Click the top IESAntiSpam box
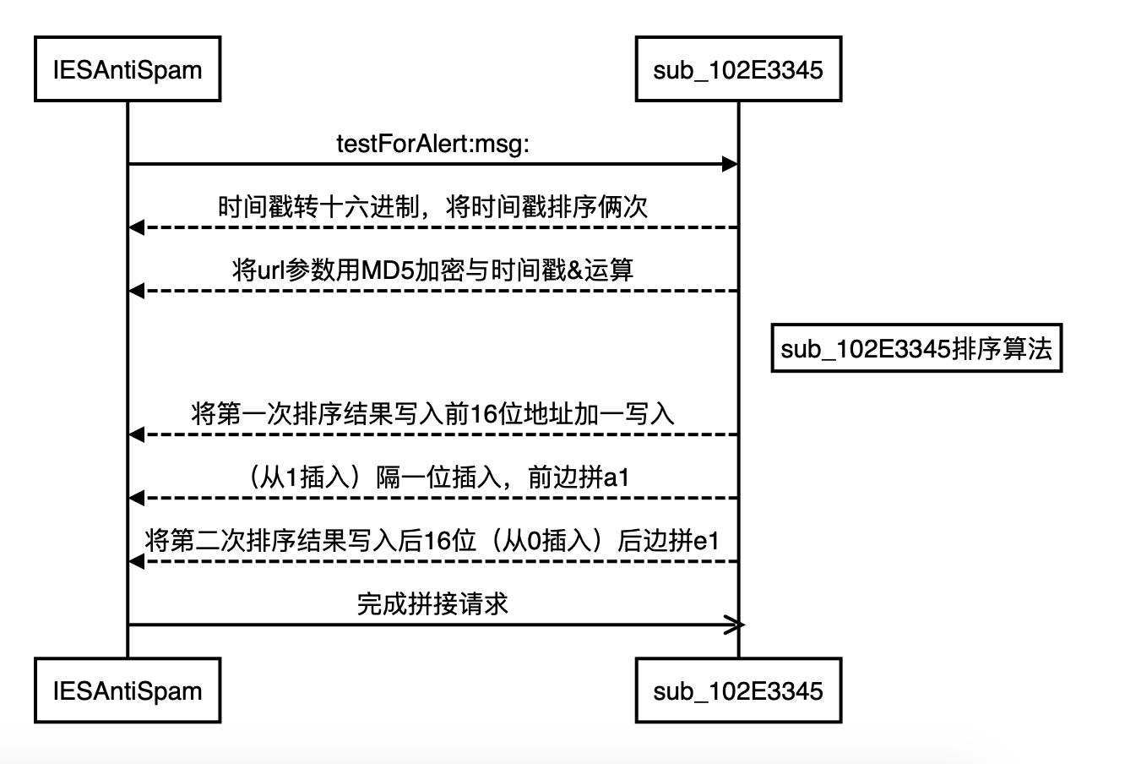[x=128, y=69]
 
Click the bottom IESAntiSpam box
[x=128, y=690]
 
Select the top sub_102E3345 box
[x=738, y=69]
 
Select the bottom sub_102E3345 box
[x=738, y=690]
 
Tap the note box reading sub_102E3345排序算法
[x=916, y=348]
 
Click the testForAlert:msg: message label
[x=433, y=144]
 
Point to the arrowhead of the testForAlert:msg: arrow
[x=731, y=164]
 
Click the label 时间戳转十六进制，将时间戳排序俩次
[x=433, y=207]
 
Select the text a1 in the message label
[x=617, y=477]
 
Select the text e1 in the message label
[x=706, y=541]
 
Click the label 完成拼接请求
[x=433, y=604]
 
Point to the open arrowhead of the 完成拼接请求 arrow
[x=736, y=625]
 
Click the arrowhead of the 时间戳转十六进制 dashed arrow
[x=136, y=227]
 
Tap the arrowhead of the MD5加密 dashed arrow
[x=136, y=291]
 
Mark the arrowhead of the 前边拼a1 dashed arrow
[x=136, y=498]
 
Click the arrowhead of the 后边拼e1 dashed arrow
[x=136, y=561]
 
